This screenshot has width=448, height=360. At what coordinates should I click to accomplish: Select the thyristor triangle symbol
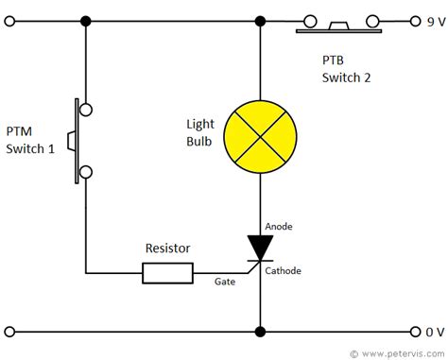pyautogui.click(x=258, y=247)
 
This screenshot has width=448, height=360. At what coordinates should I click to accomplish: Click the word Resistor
pyautogui.click(x=167, y=249)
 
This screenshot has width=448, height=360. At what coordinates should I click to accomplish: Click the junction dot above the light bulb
pyautogui.click(x=258, y=20)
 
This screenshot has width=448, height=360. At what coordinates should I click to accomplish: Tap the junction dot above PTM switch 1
pyautogui.click(x=86, y=20)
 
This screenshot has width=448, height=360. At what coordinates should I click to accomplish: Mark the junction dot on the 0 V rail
pyautogui.click(x=258, y=332)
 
